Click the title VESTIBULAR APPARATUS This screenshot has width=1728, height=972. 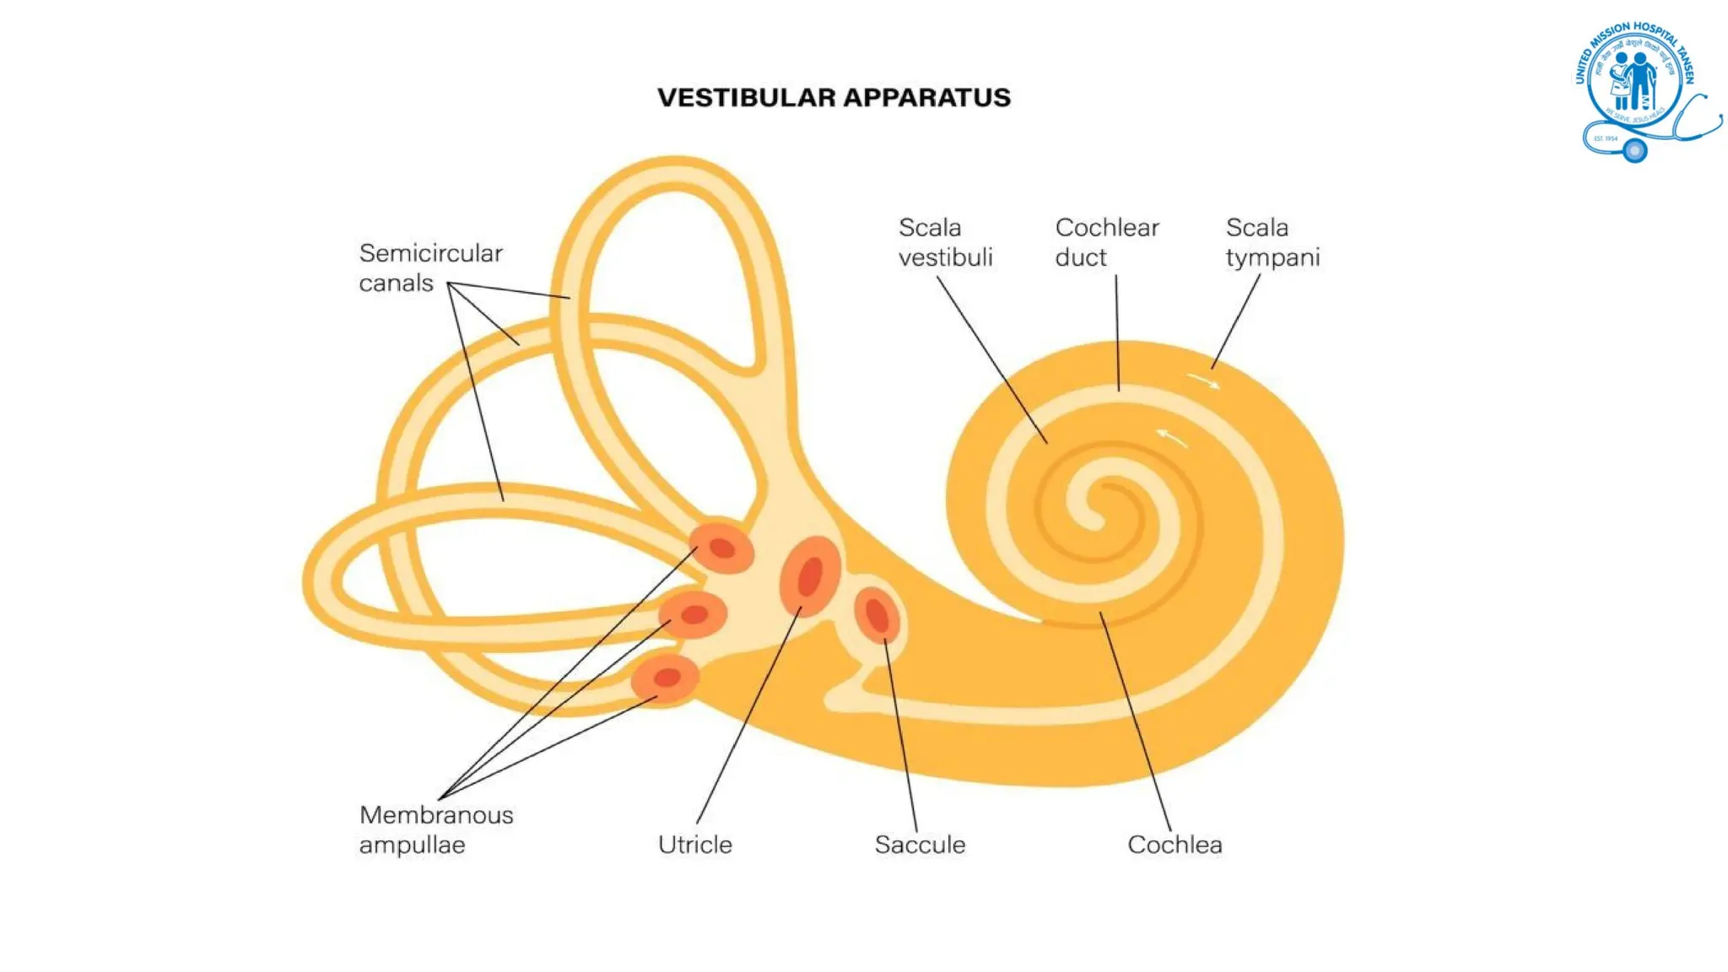click(834, 98)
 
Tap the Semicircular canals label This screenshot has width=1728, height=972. click(430, 267)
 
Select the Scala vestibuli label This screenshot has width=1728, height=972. click(945, 242)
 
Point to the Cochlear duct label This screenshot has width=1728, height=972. click(1107, 242)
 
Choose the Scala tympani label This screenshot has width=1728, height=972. click(1272, 242)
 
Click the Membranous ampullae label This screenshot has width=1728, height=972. click(436, 829)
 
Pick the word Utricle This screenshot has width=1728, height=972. click(695, 845)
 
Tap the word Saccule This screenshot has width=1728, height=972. click(920, 845)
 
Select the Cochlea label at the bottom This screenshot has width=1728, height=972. click(1174, 845)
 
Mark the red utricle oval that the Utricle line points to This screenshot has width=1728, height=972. click(810, 576)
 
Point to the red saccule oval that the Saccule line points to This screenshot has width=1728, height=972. click(877, 614)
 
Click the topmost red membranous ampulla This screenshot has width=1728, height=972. click(722, 548)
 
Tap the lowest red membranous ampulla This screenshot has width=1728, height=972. click(667, 678)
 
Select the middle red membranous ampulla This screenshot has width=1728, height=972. click(694, 614)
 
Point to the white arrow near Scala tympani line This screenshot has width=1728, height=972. click(1204, 381)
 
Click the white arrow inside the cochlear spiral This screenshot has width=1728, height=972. click(1171, 437)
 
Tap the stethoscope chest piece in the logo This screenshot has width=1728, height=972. click(1635, 150)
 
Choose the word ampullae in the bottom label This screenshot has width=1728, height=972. click(412, 845)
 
